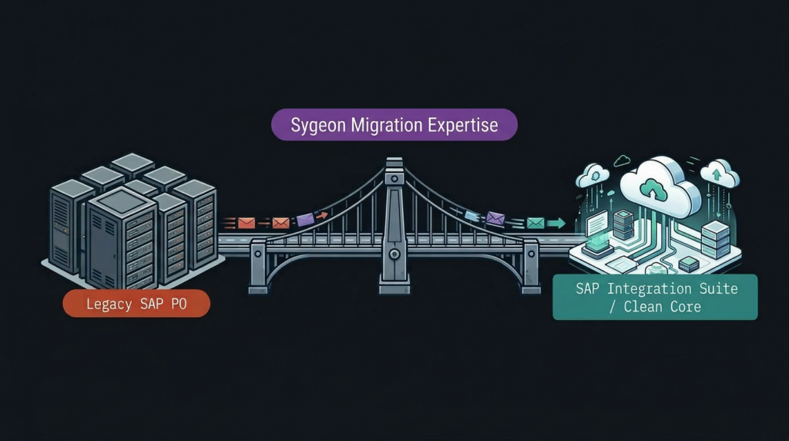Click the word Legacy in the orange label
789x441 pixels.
(x=109, y=304)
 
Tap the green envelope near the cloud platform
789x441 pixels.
(x=536, y=223)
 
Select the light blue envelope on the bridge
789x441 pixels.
(x=472, y=217)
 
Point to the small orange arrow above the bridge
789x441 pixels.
(x=322, y=215)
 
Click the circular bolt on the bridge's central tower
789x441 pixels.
(x=394, y=253)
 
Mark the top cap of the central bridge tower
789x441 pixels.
(x=394, y=163)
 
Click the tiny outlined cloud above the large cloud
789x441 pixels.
(x=621, y=161)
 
